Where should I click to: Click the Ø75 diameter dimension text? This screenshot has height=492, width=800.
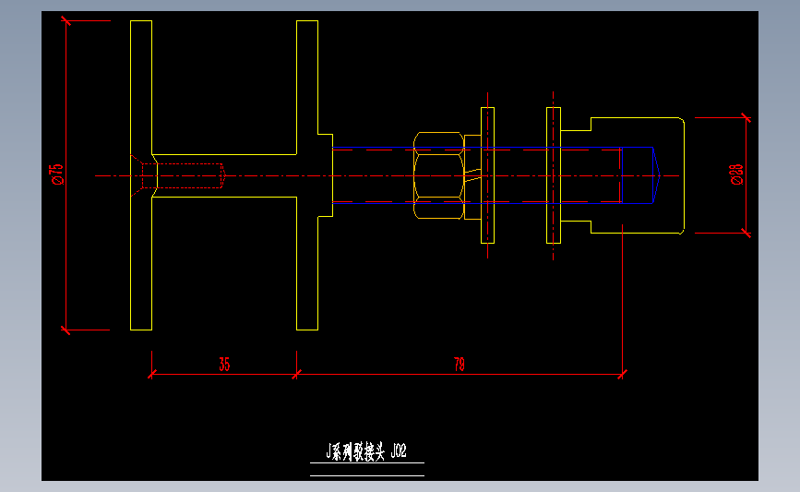[56, 174]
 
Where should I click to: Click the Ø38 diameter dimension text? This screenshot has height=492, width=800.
[736, 174]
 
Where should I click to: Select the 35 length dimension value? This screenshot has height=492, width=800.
[224, 364]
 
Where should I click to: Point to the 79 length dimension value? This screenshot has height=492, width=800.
[460, 364]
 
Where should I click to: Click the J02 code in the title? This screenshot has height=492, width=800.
[398, 451]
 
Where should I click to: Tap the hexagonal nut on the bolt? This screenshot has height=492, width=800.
[438, 175]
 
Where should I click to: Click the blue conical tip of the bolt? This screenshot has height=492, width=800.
[656, 175]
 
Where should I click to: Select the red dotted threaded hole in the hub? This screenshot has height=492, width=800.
[190, 175]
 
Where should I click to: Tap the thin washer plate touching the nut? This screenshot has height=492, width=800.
[487, 175]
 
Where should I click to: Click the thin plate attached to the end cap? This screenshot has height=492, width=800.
[554, 175]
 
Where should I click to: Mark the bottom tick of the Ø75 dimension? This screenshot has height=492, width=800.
[66, 329]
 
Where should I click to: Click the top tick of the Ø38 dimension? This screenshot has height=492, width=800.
[746, 117]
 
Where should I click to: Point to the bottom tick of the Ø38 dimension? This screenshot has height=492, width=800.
[746, 233]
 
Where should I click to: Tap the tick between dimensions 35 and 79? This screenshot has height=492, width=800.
[296, 374]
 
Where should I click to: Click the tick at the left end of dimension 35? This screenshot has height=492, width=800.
[151, 374]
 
